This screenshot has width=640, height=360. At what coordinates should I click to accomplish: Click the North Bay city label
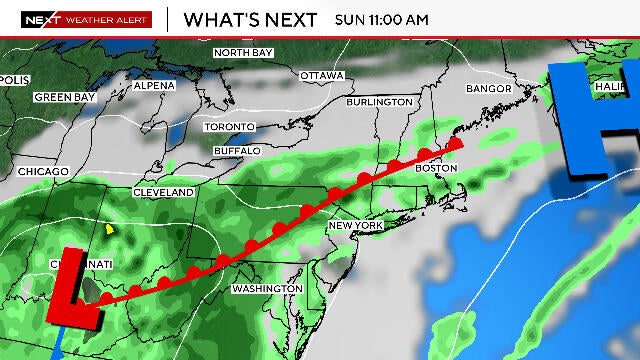click(243, 52)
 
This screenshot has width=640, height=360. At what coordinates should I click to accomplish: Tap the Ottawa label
click(322, 76)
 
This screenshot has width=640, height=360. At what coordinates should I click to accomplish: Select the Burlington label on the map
click(379, 102)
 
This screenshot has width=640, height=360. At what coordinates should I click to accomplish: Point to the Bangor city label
click(489, 89)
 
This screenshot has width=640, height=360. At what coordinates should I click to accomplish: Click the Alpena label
click(154, 86)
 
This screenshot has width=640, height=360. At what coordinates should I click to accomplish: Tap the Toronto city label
click(230, 127)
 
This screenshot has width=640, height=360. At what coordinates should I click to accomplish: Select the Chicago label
click(43, 172)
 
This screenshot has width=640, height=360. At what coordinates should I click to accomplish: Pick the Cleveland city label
click(164, 192)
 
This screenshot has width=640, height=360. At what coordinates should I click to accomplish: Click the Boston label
click(436, 168)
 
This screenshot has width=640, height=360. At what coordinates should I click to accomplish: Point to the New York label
click(356, 227)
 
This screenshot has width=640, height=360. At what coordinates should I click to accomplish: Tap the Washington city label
click(267, 288)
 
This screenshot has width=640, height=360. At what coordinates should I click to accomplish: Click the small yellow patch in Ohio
click(110, 229)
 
